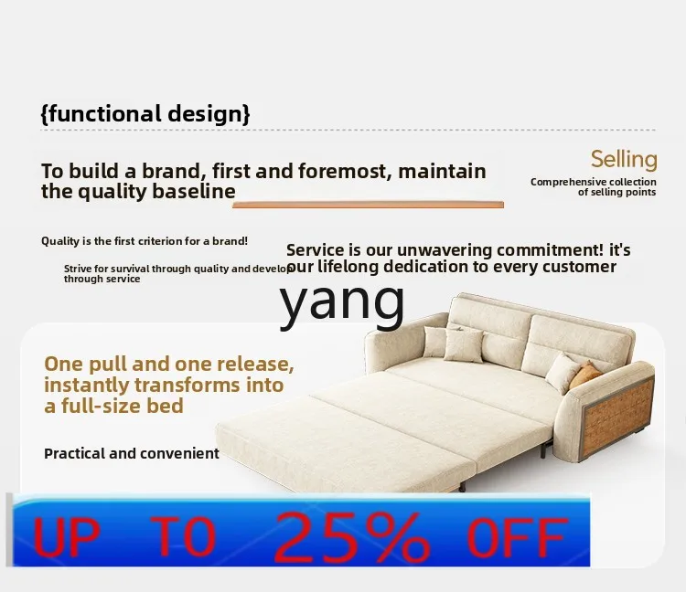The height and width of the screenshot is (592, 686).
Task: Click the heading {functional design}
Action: (x=145, y=114)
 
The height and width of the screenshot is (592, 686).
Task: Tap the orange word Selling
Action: (x=624, y=160)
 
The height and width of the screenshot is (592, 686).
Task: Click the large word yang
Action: (x=342, y=301)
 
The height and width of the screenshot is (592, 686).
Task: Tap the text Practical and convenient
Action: (x=132, y=453)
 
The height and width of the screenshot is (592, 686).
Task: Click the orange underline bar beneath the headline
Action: (x=368, y=205)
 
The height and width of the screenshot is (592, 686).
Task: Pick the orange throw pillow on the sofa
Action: (x=586, y=374)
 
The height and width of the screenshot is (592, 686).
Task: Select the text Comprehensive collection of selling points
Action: (x=594, y=187)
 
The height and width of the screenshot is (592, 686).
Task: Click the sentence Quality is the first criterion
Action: (x=145, y=241)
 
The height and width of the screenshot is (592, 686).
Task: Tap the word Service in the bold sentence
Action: (x=316, y=250)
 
